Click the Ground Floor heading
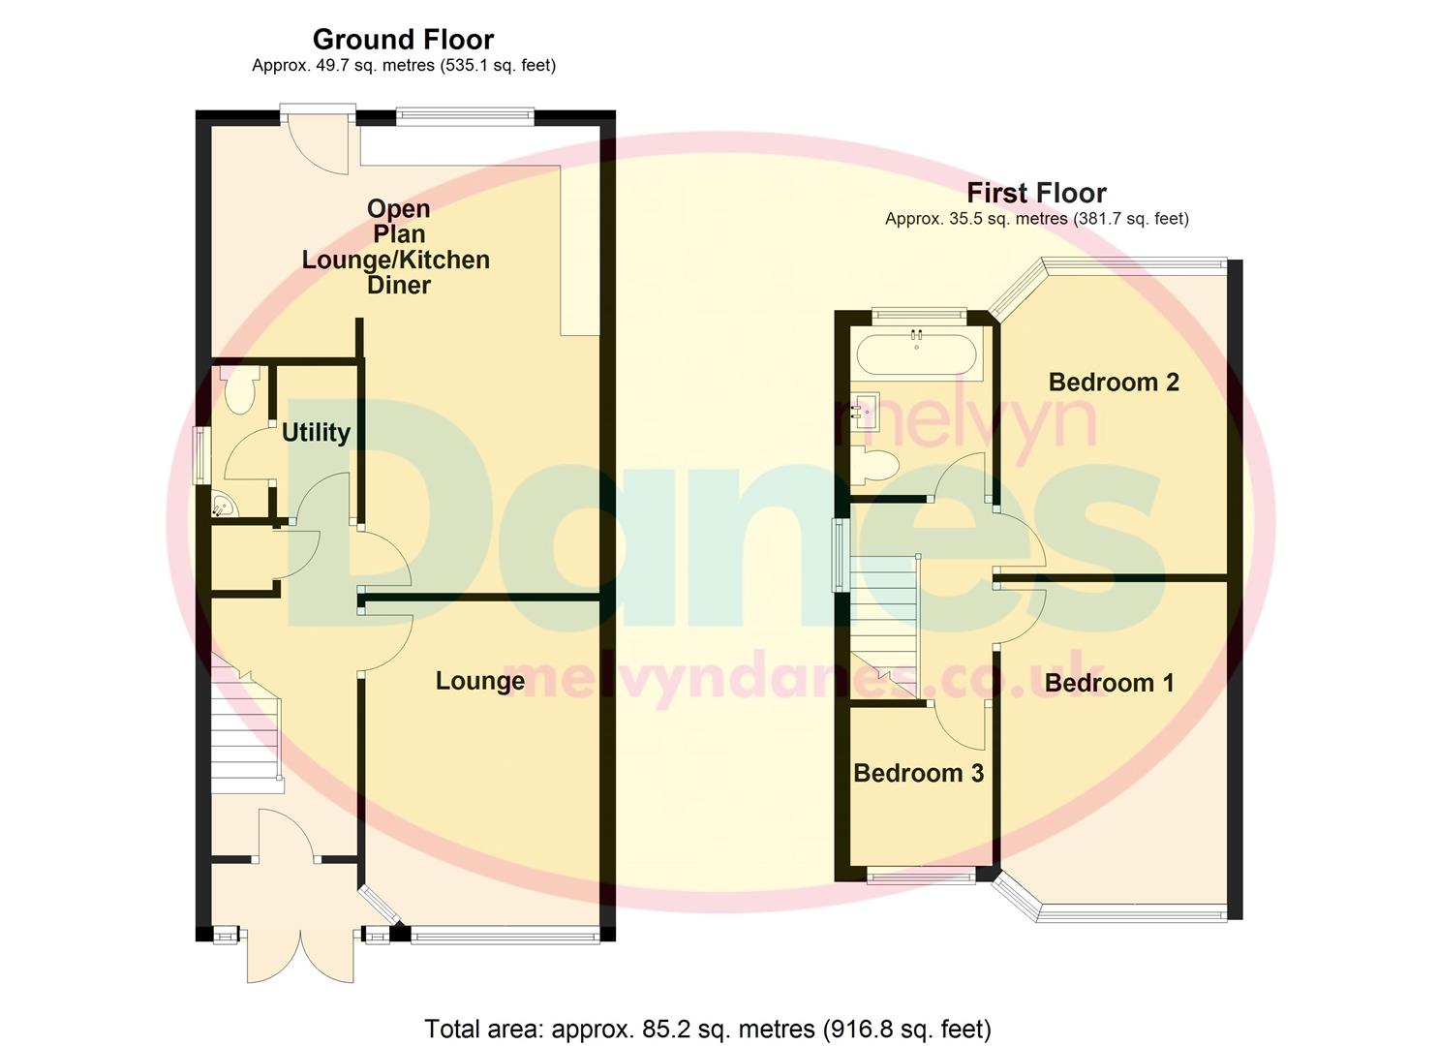(403, 40)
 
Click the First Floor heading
(1036, 193)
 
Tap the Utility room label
(316, 432)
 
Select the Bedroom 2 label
(1114, 382)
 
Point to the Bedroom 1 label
(1109, 683)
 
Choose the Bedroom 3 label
(918, 773)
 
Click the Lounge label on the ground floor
(479, 681)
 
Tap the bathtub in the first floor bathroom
(916, 354)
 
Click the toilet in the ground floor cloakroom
(237, 389)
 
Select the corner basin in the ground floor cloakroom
(223, 505)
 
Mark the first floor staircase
(883, 620)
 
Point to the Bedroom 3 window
(921, 877)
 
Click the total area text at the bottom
(708, 1029)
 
